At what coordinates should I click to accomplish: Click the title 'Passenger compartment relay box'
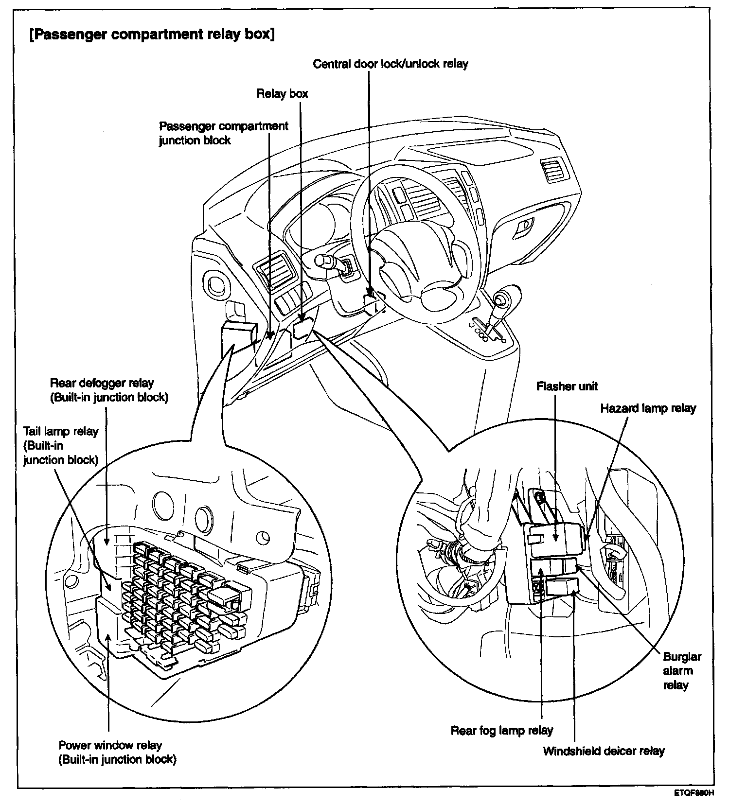[x=152, y=35]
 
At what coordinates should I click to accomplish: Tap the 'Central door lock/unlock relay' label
[x=390, y=64]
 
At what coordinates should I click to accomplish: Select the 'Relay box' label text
[x=282, y=93]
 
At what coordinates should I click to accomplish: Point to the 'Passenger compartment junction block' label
[x=224, y=133]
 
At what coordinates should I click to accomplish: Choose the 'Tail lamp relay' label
[x=61, y=445]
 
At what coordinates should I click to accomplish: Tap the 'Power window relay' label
[x=117, y=752]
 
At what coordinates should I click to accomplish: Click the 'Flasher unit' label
[x=567, y=386]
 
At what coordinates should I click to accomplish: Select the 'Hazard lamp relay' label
[x=648, y=408]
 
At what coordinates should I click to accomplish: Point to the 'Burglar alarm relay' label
[x=681, y=671]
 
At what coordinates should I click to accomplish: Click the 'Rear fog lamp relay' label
[x=502, y=731]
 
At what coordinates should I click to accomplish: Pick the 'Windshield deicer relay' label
[x=604, y=751]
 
